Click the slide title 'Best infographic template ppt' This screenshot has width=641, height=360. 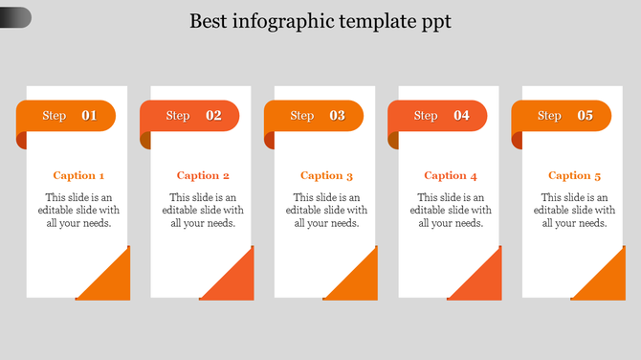pyautogui.click(x=320, y=21)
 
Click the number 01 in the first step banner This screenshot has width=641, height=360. pyautogui.click(x=89, y=116)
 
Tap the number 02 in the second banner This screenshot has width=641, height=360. pyautogui.click(x=213, y=116)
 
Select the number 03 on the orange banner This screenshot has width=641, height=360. pyautogui.click(x=338, y=116)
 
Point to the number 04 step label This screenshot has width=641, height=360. pyautogui.click(x=461, y=116)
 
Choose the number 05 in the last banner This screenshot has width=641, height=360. pyautogui.click(x=585, y=116)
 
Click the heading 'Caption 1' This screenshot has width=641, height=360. pyautogui.click(x=78, y=175)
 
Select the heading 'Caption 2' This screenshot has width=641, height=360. pyautogui.click(x=203, y=175)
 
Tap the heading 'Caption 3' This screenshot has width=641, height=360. pyautogui.click(x=326, y=175)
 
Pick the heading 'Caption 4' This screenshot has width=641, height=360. pyautogui.click(x=451, y=175)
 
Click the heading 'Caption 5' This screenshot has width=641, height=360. pyautogui.click(x=574, y=175)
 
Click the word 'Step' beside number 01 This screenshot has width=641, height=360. pyautogui.click(x=55, y=116)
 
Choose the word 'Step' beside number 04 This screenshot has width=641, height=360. pyautogui.click(x=426, y=116)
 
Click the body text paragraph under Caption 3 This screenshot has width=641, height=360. pyautogui.click(x=326, y=211)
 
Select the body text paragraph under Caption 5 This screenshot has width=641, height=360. pyautogui.click(x=574, y=211)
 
